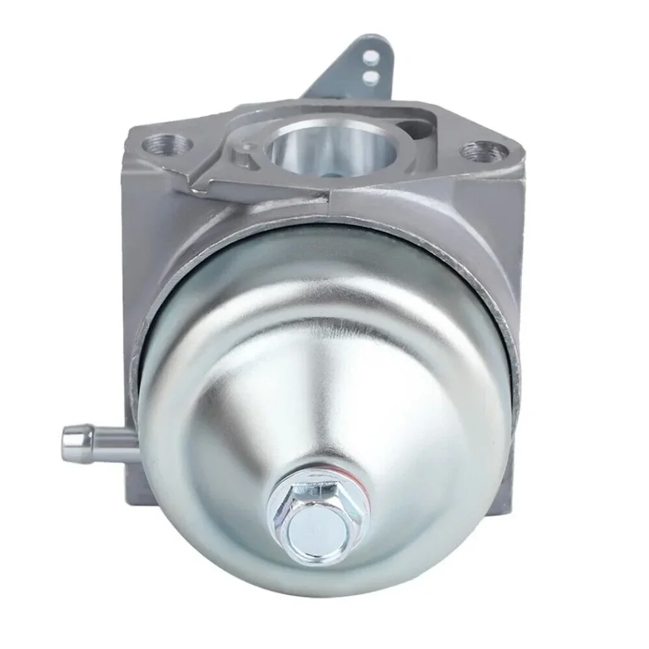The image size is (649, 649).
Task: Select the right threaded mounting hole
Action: tap(481, 150)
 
